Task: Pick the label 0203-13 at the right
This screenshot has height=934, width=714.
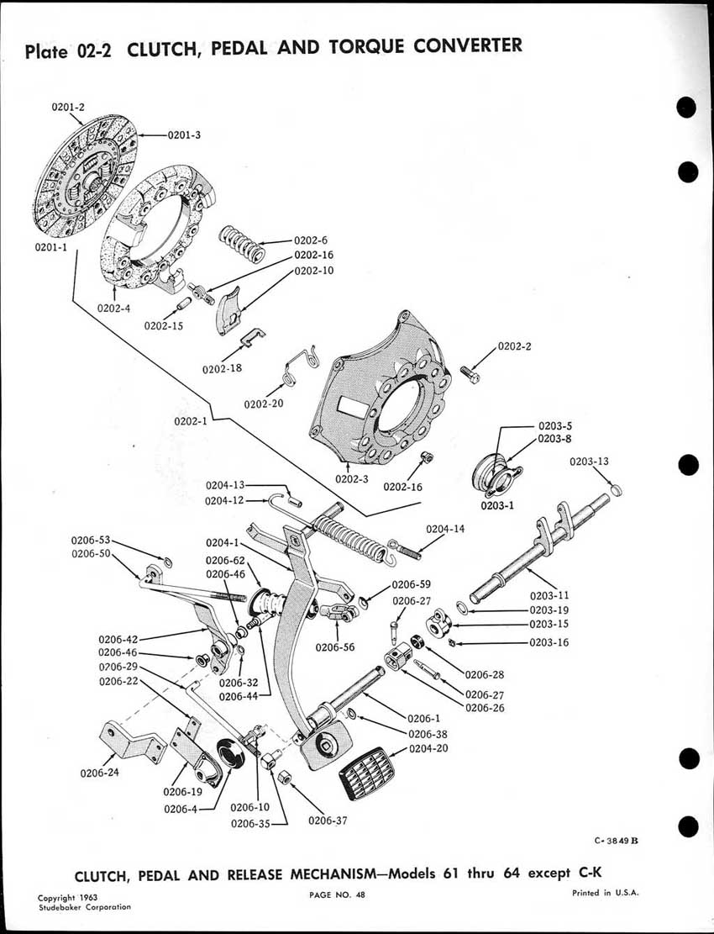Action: pos(590,462)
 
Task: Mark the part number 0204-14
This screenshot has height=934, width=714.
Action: pos(446,529)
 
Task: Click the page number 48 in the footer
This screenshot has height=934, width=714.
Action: pos(360,894)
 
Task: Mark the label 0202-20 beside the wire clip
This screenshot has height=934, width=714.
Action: pos(265,404)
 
